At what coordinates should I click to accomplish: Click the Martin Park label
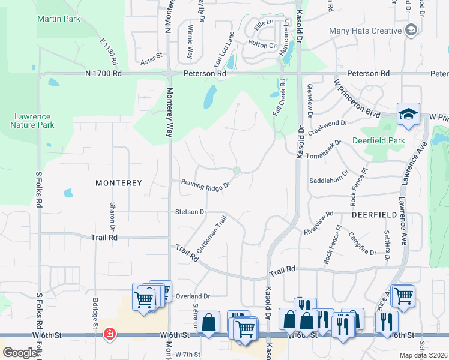point(58,19)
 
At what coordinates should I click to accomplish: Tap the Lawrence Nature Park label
point(32,121)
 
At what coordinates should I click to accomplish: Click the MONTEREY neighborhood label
point(118,182)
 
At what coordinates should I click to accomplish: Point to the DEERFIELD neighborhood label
point(374,214)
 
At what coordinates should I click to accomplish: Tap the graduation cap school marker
point(408,114)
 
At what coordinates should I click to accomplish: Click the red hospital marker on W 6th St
point(110,334)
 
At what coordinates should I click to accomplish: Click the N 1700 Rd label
point(103,73)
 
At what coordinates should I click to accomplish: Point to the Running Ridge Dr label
point(206,185)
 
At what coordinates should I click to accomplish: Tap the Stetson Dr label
point(191,212)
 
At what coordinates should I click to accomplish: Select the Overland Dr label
point(193,296)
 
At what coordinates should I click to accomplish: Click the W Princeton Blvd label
point(357,100)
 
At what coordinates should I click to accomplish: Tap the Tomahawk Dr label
point(323,149)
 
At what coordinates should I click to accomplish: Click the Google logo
point(20,353)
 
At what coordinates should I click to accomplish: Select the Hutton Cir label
point(262,44)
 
